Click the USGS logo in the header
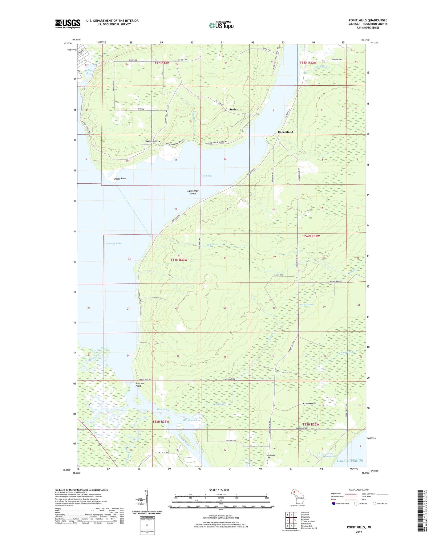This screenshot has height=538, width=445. click(68, 24)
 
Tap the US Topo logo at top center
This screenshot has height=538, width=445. click(221, 25)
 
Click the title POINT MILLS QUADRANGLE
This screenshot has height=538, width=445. click(368, 20)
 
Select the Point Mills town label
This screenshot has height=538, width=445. click(152, 141)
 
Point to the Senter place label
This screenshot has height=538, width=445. click(233, 109)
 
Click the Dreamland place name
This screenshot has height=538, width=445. click(285, 132)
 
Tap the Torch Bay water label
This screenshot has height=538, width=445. click(206, 176)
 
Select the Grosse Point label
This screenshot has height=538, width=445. click(120, 179)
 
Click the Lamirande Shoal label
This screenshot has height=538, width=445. click(193, 192)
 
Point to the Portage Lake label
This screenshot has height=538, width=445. click(114, 243)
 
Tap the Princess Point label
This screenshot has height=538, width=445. click(140, 385)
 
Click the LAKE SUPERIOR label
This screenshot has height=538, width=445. click(350, 460)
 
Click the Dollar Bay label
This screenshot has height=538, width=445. click(88, 72)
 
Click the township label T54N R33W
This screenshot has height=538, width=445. click(179, 260)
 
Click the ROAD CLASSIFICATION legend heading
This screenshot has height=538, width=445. click(359, 490)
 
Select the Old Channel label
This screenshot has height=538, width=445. click(190, 420)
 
